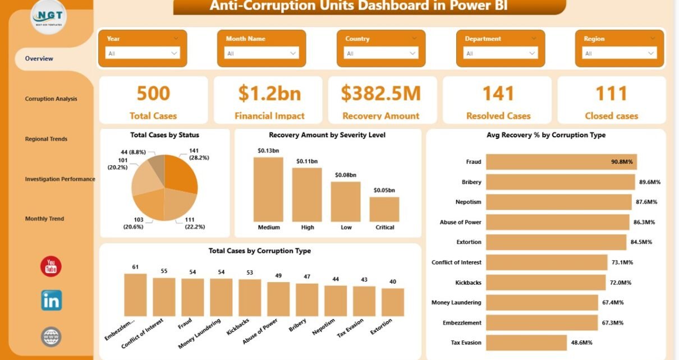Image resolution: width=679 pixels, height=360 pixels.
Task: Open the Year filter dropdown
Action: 143,53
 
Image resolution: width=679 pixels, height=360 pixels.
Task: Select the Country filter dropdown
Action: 381,53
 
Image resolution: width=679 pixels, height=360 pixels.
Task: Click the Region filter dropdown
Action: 620,53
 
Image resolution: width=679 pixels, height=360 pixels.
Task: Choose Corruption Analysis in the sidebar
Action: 51,99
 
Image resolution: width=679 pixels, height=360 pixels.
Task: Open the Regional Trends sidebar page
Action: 46,139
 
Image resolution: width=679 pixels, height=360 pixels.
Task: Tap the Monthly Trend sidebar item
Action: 44,219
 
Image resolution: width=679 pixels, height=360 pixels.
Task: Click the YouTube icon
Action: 51,266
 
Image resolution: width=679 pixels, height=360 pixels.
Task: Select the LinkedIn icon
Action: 51,301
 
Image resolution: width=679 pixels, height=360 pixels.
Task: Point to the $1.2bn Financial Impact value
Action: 269,93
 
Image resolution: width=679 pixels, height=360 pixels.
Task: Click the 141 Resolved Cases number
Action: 498,93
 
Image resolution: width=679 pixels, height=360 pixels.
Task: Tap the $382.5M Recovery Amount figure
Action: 381,93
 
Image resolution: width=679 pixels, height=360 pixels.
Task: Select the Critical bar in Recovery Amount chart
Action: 384,209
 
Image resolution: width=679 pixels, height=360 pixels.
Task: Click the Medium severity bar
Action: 268,189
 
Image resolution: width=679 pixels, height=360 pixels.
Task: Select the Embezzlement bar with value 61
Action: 135,295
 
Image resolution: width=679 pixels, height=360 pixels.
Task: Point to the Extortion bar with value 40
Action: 393,302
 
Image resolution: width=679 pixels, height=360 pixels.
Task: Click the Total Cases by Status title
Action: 164,135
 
